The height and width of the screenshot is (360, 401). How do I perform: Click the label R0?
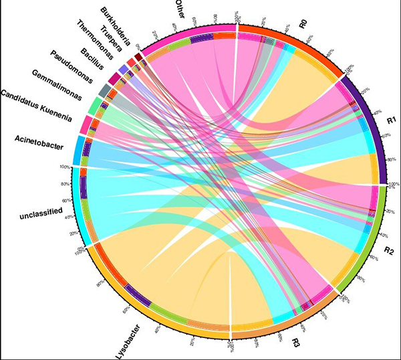pyautogui.click(x=303, y=25)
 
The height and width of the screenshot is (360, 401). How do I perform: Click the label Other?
pyautogui.click(x=179, y=11)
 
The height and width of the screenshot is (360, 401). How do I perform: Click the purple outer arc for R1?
pyautogui.click(x=374, y=127)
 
